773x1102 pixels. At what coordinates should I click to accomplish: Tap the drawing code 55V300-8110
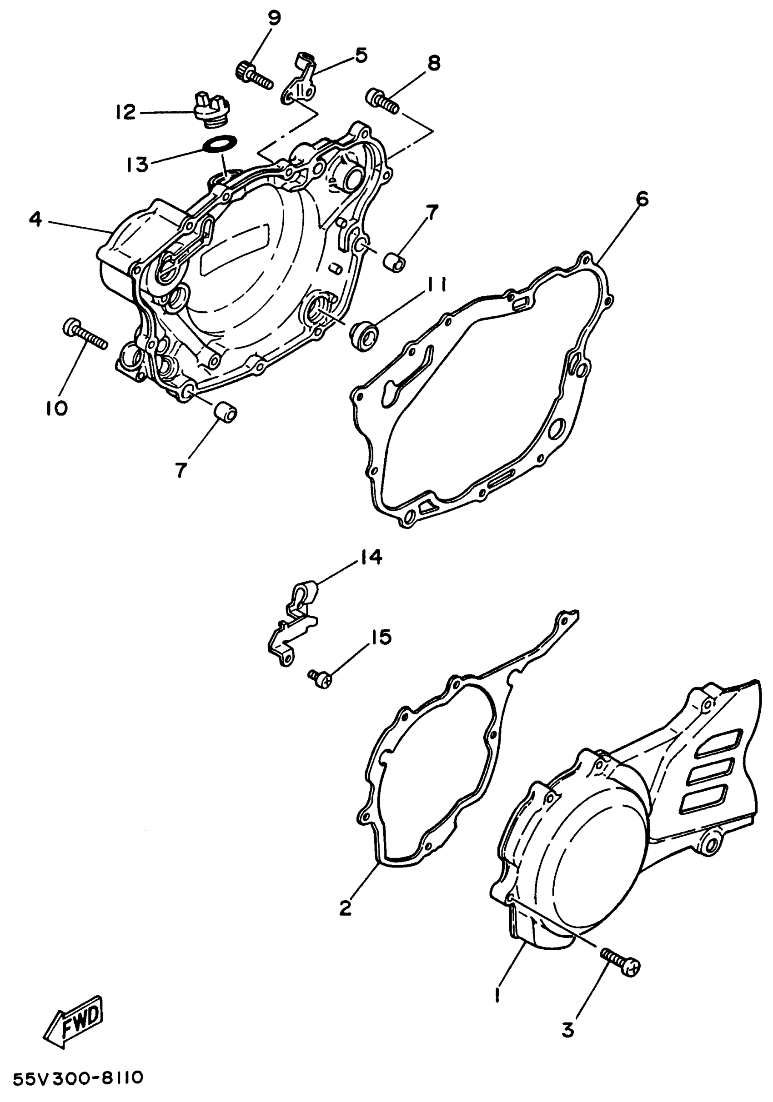point(78,1078)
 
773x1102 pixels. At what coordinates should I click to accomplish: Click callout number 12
point(126,113)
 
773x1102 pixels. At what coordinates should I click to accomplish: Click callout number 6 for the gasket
point(642,199)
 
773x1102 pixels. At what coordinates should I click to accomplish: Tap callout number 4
point(35,220)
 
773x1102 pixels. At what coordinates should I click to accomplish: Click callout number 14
point(369,558)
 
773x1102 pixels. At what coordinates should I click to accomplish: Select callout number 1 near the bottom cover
point(497,995)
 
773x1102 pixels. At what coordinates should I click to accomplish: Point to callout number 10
point(57,409)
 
